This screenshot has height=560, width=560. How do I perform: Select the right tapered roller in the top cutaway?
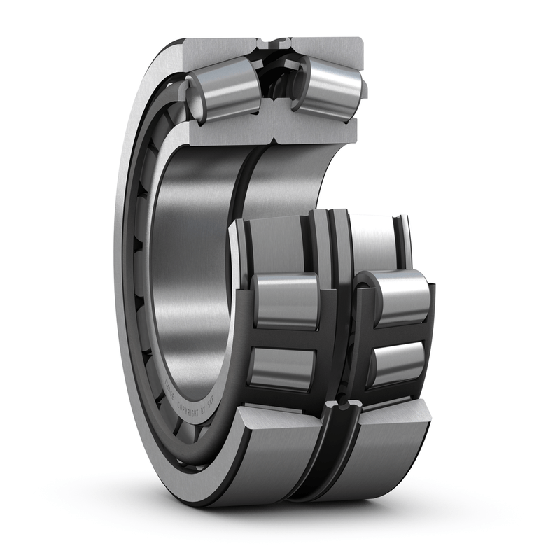[328, 85]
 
